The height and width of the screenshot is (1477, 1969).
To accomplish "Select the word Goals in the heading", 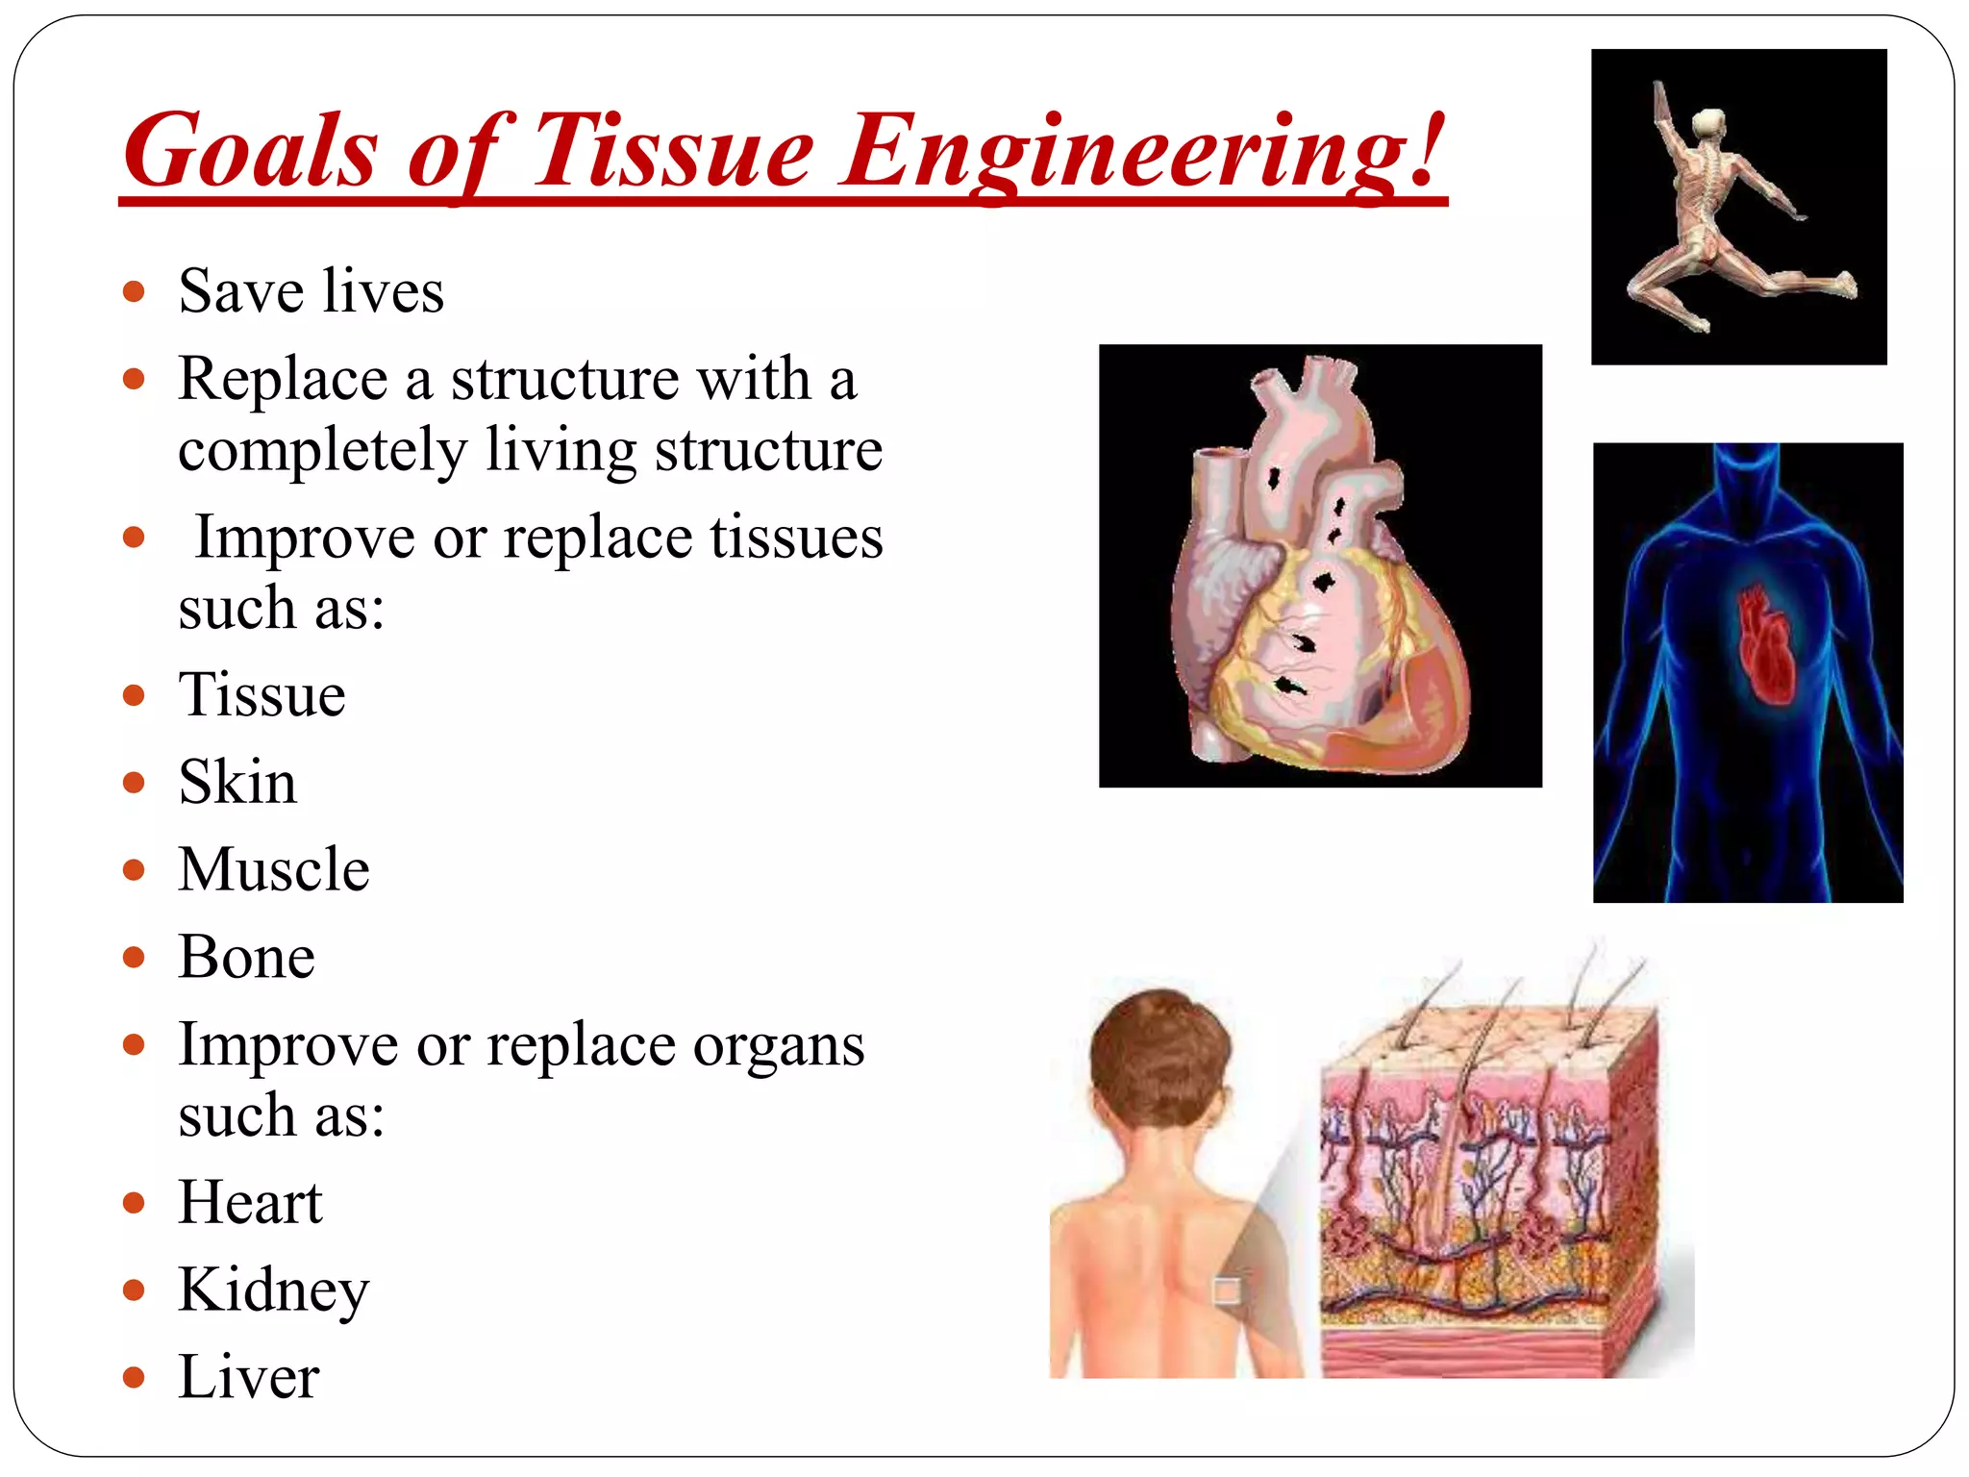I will (x=250, y=152).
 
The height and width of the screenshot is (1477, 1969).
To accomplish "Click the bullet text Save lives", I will (x=311, y=290).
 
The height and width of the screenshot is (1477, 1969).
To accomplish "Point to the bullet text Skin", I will (x=237, y=781).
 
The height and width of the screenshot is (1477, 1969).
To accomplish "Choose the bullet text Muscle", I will (x=274, y=869).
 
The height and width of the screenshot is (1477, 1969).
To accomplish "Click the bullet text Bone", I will (x=246, y=957).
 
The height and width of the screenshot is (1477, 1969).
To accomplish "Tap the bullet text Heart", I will (x=250, y=1202).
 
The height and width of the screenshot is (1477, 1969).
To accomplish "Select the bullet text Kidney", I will (x=274, y=1290).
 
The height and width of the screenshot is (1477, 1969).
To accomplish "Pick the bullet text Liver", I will (x=248, y=1377).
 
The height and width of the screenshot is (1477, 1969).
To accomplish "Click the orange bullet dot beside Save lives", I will (x=134, y=291).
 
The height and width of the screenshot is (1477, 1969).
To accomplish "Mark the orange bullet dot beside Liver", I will (x=134, y=1378).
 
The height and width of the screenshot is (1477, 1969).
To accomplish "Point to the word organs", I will (x=778, y=1045).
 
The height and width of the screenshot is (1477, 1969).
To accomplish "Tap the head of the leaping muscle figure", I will (x=1707, y=123).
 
